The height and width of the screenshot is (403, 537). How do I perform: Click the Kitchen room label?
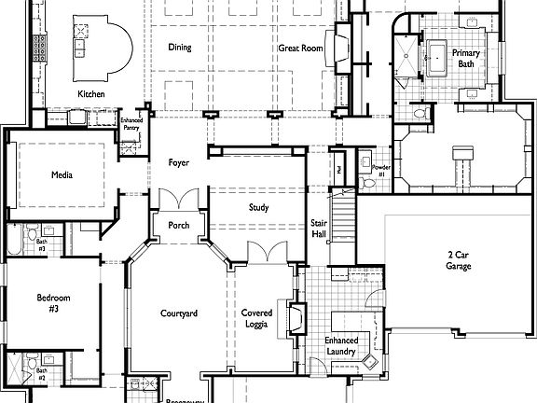tap(90, 94)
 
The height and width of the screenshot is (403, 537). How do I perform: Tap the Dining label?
tap(180, 48)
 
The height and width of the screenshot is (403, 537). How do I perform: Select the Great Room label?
tap(300, 48)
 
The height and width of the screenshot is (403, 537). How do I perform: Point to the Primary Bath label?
tap(465, 59)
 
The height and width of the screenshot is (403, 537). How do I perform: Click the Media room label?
tap(62, 174)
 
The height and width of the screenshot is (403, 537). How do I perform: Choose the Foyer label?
tap(179, 163)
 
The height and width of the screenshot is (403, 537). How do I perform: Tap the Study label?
tap(258, 207)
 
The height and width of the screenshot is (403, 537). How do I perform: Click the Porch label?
tap(179, 226)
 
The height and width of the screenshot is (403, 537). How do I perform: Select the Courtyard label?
tap(178, 314)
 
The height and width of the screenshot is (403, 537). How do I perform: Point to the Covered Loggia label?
tap(256, 319)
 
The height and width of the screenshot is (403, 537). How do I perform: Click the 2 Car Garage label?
tap(458, 260)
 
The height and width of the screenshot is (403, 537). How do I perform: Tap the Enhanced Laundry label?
tap(340, 346)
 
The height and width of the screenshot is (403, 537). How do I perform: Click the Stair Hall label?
tap(318, 227)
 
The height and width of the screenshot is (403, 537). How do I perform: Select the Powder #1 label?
tap(379, 171)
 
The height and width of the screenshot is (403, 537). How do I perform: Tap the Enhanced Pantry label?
tap(131, 124)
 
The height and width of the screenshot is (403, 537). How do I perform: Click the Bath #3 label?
tap(41, 244)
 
